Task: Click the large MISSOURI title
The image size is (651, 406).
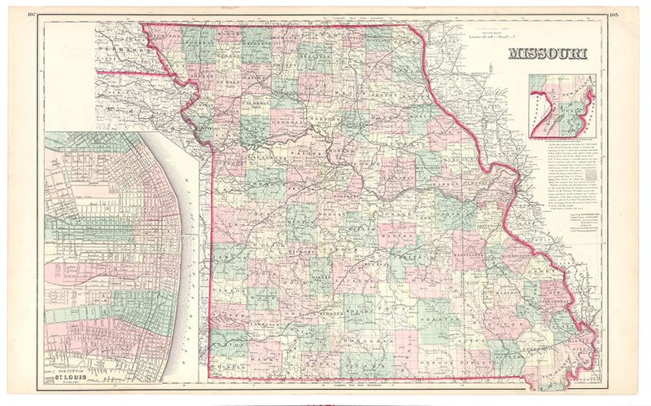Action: [551, 55]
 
